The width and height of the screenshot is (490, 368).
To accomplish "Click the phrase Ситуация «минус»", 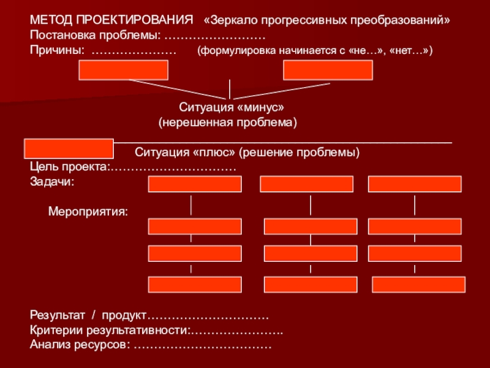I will pos(232,107).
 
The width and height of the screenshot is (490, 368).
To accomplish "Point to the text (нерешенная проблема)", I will pos(228,123).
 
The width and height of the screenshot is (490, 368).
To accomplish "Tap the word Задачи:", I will pos(52,182).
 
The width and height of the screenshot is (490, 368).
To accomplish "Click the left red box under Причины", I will pos(123,70).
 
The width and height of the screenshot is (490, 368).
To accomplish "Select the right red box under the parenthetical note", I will pos(328,70).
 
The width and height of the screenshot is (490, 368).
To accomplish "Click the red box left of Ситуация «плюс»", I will pos(69,148).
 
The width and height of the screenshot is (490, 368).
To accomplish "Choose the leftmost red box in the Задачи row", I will pos(195,184).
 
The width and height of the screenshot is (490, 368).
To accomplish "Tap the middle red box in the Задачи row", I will pos(306,184).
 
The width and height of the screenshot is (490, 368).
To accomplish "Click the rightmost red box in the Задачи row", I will pos(415,184).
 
